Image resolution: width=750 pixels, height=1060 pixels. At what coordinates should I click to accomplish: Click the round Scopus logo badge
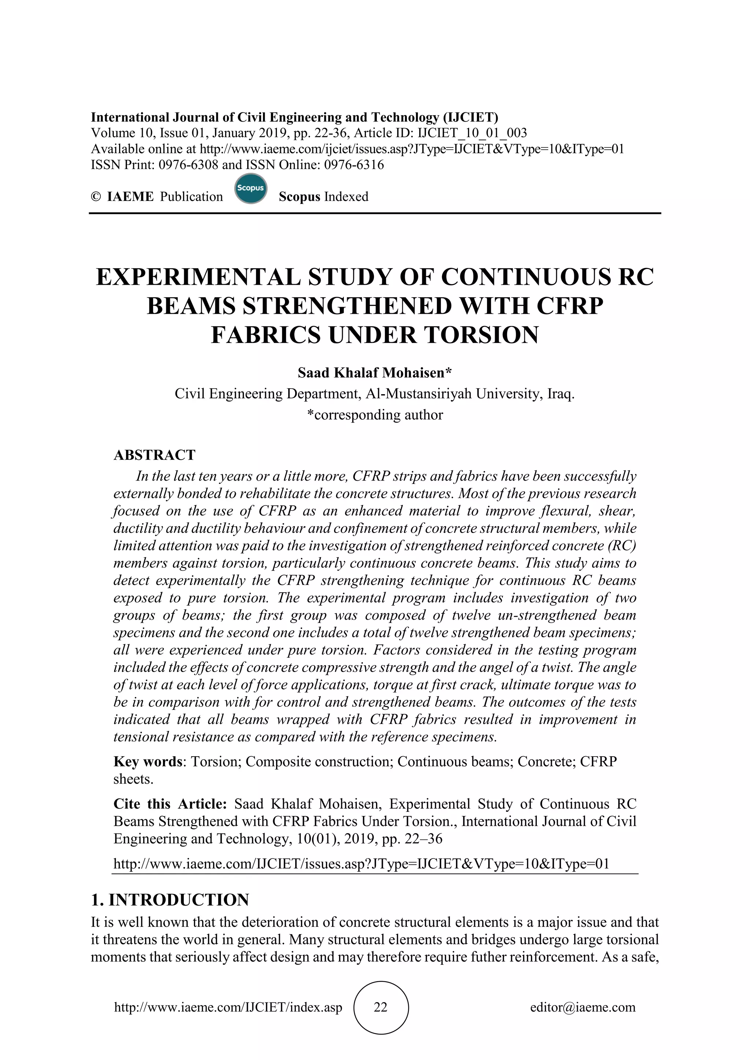pyautogui.click(x=251, y=189)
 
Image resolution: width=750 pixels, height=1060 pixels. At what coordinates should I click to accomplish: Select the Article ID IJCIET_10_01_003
pyautogui.click(x=472, y=133)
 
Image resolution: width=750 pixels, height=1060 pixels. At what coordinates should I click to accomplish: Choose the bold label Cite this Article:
pyautogui.click(x=170, y=804)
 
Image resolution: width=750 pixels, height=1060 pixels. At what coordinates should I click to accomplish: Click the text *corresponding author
pyautogui.click(x=375, y=415)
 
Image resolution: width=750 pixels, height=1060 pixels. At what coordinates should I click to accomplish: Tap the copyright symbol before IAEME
pyautogui.click(x=96, y=197)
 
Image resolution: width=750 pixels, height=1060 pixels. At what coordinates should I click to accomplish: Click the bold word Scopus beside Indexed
pyautogui.click(x=299, y=197)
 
